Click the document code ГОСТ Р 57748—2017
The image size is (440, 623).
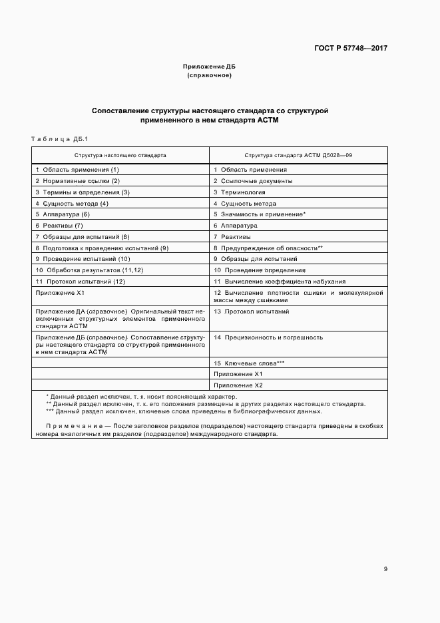coord(350,48)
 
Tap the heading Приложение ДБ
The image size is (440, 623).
coord(209,67)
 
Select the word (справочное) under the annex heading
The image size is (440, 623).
coord(209,75)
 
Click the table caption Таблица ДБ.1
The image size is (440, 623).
coord(59,138)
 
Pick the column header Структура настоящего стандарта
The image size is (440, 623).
coord(120,154)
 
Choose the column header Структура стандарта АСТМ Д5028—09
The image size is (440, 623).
coord(298,154)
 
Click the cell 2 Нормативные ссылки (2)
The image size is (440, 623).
coord(77,181)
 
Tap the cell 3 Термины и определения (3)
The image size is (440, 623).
coord(82,192)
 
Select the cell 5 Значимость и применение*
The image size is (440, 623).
coord(259,214)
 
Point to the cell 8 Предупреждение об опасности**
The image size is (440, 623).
coord(268,248)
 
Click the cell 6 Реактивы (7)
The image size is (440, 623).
coord(59,226)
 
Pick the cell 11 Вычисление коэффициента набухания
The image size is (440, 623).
coord(270,282)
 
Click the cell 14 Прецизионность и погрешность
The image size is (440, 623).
coord(268,337)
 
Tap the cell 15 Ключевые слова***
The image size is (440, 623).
coord(249,363)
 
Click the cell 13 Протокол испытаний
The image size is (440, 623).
coord(251,311)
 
